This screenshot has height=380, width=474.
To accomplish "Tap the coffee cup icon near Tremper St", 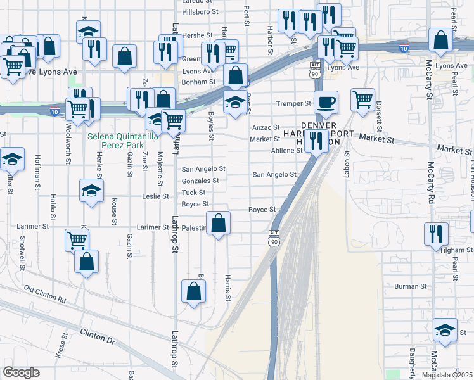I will [x=326, y=103].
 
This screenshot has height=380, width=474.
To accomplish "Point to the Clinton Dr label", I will [x=98, y=336].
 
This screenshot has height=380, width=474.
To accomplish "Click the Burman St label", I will [x=411, y=286].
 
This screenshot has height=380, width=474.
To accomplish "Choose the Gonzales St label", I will [x=200, y=180].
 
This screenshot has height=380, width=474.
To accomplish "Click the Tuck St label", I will [x=193, y=193].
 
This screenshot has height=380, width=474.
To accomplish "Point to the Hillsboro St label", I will [x=200, y=11].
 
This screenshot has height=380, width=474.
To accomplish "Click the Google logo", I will [x=21, y=372].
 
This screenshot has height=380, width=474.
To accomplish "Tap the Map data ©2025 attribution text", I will [x=447, y=375].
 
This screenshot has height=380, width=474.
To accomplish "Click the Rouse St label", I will [x=115, y=211].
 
